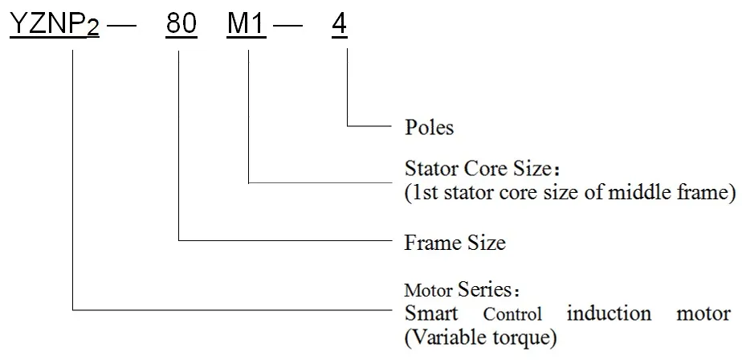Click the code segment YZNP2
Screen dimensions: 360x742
[x=54, y=26]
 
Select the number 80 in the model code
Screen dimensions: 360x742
[x=181, y=26]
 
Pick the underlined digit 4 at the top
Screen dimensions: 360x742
[x=339, y=26]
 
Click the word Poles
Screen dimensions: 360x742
[x=430, y=127]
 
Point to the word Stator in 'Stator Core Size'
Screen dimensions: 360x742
[x=427, y=170]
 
